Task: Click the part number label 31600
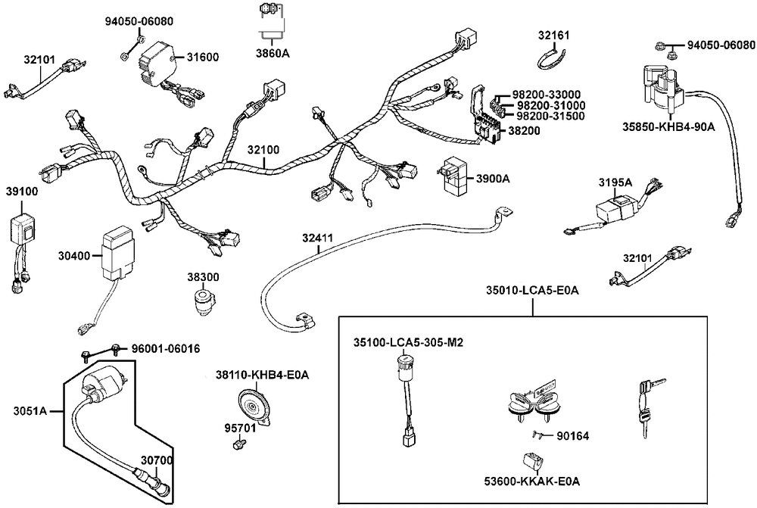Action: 202,57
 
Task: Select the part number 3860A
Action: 273,54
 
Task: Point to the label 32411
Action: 317,238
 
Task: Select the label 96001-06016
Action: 166,349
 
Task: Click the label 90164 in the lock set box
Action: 572,435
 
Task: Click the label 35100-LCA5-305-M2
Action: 408,342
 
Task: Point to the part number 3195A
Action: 615,182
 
